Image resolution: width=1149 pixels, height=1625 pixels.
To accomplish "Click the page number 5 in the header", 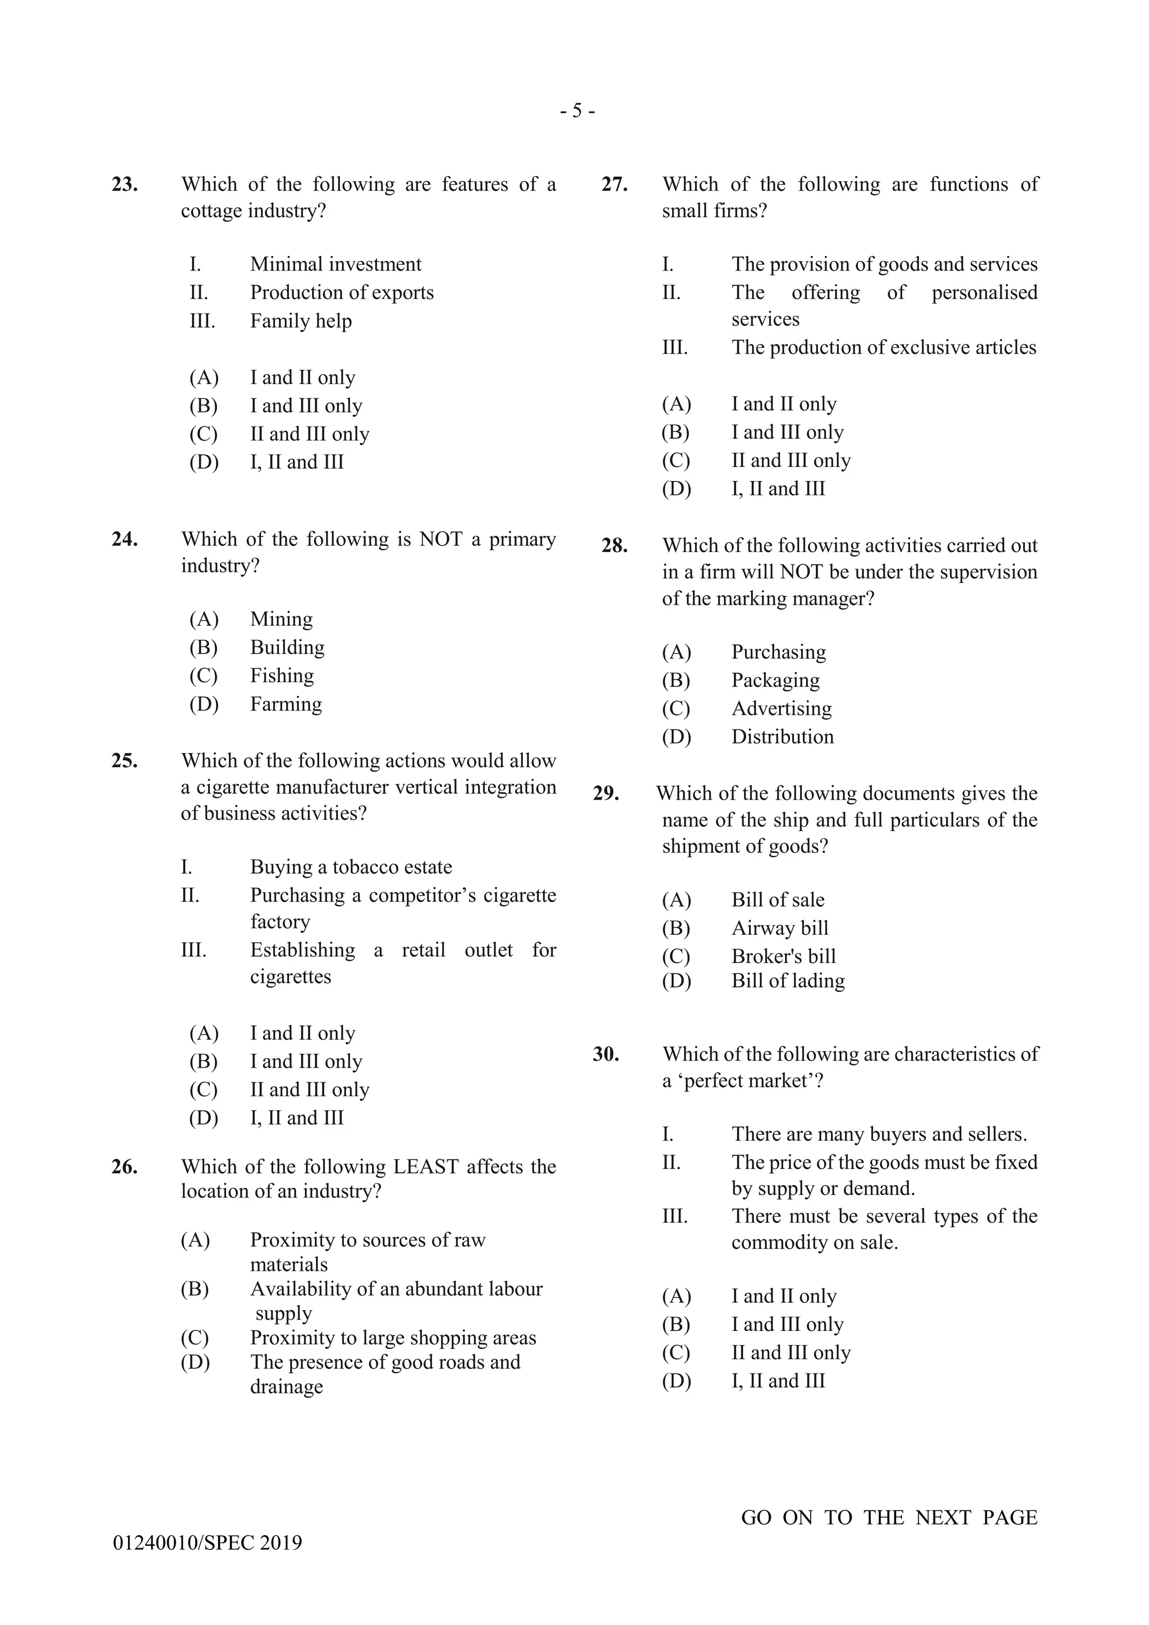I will point(577,111).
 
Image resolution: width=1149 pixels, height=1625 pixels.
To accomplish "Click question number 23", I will point(125,185).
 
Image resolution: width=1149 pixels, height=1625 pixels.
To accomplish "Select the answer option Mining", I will point(281,619).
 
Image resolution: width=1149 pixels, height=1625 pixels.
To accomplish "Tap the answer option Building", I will point(287,648).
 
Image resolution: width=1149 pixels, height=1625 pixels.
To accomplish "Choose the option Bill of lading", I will point(788,981).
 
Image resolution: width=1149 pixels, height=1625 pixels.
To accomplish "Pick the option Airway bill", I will point(780,928).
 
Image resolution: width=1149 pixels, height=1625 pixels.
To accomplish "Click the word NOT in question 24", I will point(440,539).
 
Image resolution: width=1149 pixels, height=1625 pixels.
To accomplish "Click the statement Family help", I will point(301,322).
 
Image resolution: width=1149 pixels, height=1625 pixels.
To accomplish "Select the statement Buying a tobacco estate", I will point(351,867).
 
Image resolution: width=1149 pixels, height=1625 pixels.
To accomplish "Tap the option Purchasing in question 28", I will point(778,652).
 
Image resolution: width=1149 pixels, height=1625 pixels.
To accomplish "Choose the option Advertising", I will point(781,709).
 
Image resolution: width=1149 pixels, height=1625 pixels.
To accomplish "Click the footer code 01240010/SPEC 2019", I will point(207,1543).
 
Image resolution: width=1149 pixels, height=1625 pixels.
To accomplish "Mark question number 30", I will point(606,1054).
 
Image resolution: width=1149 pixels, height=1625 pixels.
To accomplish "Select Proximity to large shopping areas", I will point(393,1338).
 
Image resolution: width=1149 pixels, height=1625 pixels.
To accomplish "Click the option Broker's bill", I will point(783,956).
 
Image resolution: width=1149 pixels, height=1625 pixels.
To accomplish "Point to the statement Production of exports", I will point(342,293).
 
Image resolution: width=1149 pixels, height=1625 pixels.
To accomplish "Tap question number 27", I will point(614,185).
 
